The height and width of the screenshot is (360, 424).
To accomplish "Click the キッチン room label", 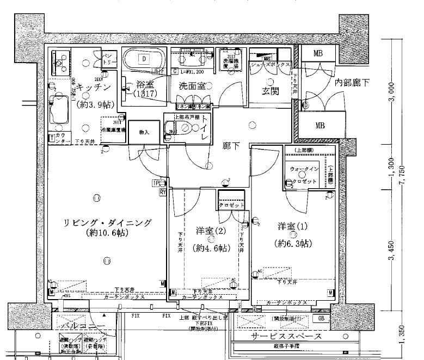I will click(x=94, y=87).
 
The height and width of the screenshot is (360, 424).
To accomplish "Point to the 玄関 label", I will click(x=271, y=91).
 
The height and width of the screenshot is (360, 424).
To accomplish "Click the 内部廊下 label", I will click(x=352, y=83).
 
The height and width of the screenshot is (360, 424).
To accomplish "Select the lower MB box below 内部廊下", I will click(x=320, y=125).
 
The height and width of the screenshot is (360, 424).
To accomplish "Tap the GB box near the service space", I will click(x=322, y=319).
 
